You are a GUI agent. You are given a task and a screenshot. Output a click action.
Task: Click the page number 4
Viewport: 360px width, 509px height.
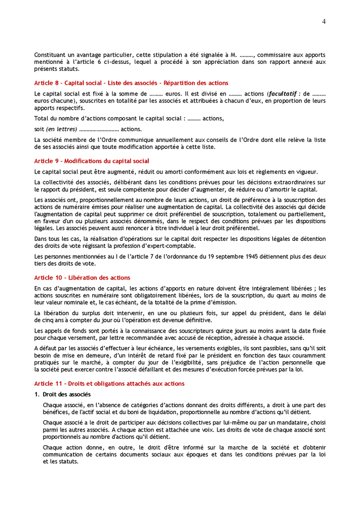[324, 21]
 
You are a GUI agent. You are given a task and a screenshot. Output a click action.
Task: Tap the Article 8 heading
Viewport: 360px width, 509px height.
[131, 83]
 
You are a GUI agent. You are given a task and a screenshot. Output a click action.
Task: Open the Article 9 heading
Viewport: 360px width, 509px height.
[92, 161]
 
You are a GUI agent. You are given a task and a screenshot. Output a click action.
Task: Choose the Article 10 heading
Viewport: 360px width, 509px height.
[82, 278]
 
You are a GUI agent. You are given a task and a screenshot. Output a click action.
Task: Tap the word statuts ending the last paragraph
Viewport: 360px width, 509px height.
[66, 461]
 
